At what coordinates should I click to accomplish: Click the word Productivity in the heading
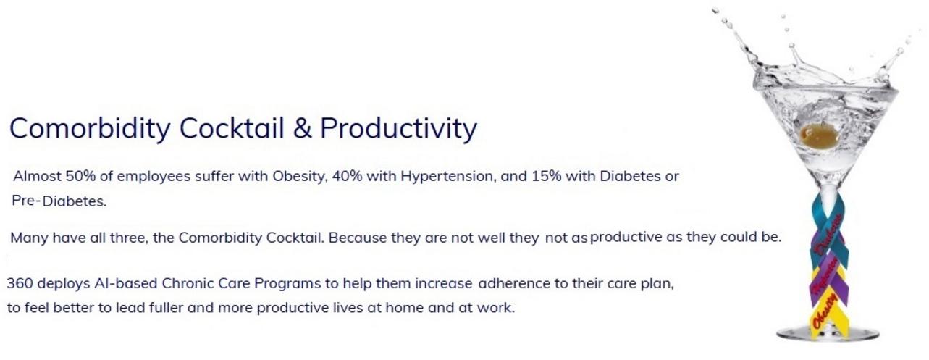[x=398, y=129]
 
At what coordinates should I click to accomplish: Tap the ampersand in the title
[x=303, y=128]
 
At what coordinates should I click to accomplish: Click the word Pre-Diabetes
[x=59, y=201]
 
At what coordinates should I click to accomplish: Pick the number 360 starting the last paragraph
[x=20, y=284]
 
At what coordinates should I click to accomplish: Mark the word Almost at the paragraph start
[x=38, y=176]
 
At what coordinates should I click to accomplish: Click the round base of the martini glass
[x=828, y=333]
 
